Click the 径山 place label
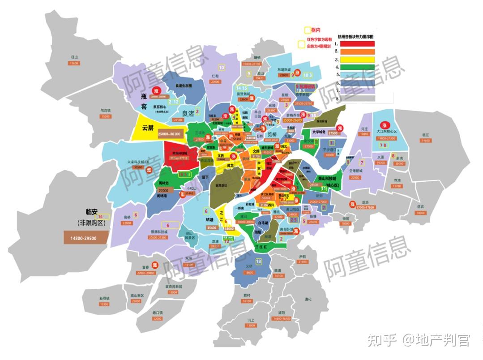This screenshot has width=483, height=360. [x=74, y=57]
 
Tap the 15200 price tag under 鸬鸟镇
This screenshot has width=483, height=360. [x=106, y=116]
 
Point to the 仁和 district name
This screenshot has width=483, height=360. [x=215, y=76]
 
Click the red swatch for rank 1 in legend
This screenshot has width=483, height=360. [x=357, y=44]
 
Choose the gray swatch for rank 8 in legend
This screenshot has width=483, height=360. [x=357, y=98]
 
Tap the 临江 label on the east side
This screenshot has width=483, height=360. [x=425, y=134]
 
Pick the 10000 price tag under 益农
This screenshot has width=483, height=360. [x=420, y=213]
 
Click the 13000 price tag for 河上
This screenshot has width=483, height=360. [x=250, y=326]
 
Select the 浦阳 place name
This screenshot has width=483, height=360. [x=281, y=312]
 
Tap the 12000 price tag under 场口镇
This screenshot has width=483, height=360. [x=157, y=318]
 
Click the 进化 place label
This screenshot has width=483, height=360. [x=308, y=299]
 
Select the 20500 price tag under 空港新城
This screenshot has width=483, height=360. [x=355, y=178]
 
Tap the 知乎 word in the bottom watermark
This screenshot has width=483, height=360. [x=382, y=341]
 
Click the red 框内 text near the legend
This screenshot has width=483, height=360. [x=315, y=30]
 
